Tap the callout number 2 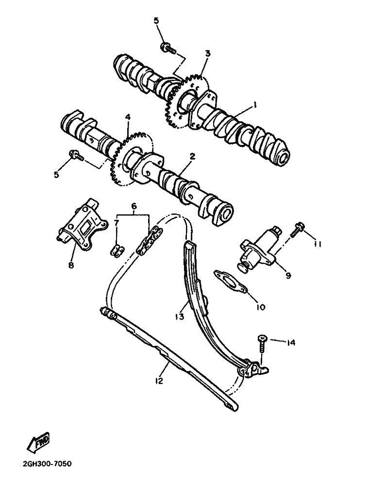point(192,157)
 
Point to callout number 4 point(128,118)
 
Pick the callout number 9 point(288,275)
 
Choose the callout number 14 point(290,343)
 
